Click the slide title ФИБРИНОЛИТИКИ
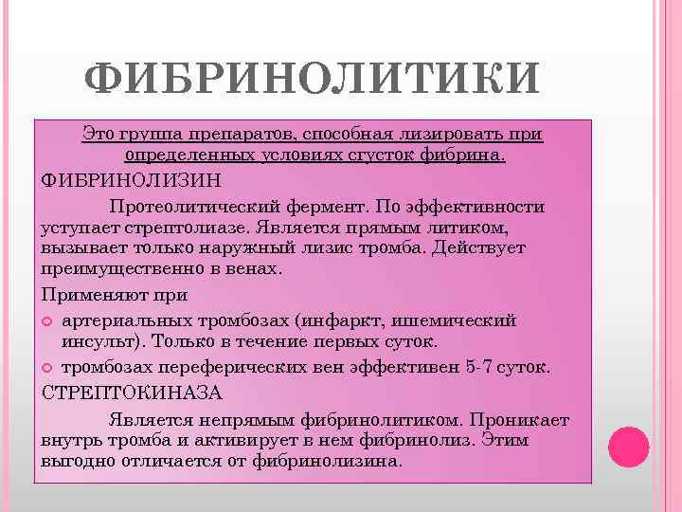(x=312, y=82)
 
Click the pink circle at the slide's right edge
(x=627, y=446)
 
